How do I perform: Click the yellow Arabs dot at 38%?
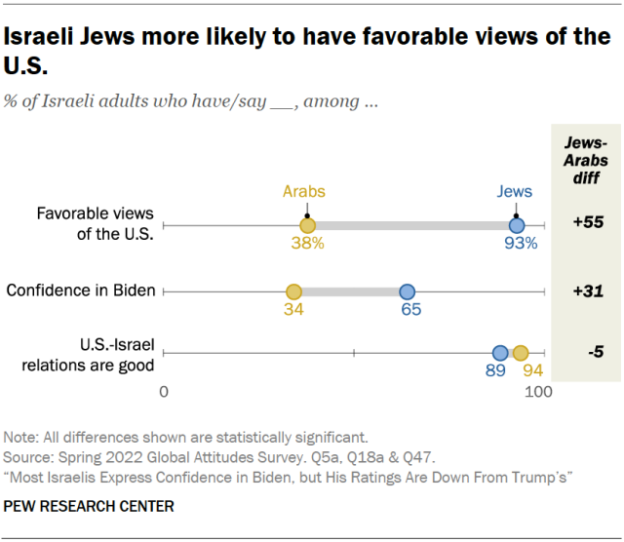[x=307, y=225]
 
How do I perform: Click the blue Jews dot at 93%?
[x=517, y=225]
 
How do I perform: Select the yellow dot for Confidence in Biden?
[x=293, y=290]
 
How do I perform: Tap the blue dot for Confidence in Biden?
[x=408, y=290]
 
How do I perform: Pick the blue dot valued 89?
[x=500, y=354]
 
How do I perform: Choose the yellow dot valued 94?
[x=521, y=354]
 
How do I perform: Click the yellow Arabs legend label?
[x=304, y=192]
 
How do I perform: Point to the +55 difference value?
[x=588, y=222]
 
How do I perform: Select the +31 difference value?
[x=588, y=290]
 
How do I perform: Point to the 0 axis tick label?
[x=165, y=392]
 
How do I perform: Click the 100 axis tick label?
[x=538, y=392]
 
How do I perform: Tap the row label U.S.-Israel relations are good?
[x=103, y=356]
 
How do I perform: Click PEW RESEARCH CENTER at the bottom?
[x=90, y=507]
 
